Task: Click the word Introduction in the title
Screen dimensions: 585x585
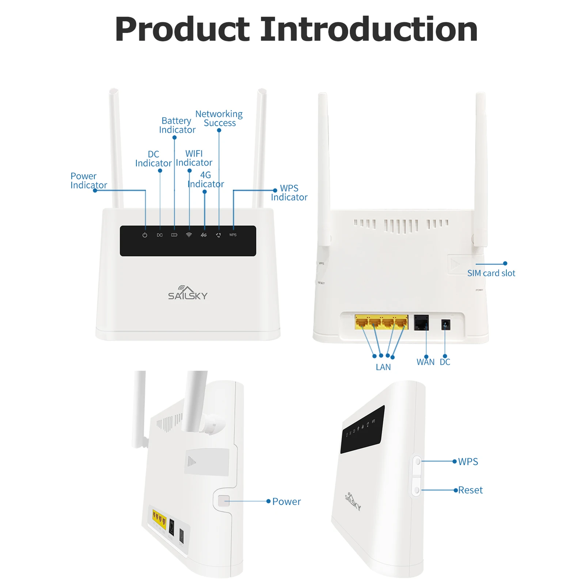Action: [368, 29]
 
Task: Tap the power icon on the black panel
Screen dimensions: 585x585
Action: [145, 235]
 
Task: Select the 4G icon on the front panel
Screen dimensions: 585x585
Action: [204, 235]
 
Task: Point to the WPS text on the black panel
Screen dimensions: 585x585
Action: [233, 235]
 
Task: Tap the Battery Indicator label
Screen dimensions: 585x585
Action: [177, 125]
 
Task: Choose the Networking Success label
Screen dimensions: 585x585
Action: [219, 118]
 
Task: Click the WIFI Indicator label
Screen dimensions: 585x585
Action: [194, 158]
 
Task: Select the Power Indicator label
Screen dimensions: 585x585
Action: [88, 181]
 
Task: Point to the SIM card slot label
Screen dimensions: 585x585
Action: [491, 273]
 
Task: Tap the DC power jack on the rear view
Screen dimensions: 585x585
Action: [445, 324]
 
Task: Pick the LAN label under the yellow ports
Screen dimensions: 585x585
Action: [383, 367]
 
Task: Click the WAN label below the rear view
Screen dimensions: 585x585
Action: [425, 362]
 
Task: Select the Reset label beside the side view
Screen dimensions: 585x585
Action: [470, 490]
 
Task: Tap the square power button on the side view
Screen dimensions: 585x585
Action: [224, 501]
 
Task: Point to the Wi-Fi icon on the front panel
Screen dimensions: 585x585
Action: [189, 235]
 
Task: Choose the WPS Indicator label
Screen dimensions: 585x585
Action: [289, 193]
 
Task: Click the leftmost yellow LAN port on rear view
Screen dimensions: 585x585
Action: [361, 322]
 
